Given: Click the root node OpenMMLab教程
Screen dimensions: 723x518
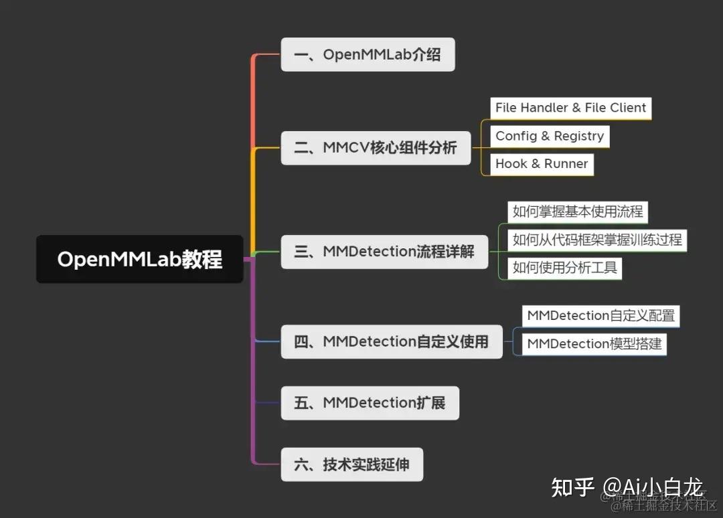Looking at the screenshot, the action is pyautogui.click(x=139, y=259).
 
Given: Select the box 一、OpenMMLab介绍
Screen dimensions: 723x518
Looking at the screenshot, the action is pyautogui.click(x=368, y=54).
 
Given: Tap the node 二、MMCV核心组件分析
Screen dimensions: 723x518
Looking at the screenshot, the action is pyautogui.click(x=376, y=148).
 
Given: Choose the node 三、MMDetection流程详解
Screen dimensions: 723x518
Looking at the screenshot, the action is pyautogui.click(x=384, y=252).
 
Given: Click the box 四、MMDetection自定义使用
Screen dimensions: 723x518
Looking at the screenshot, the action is pyautogui.click(x=391, y=341).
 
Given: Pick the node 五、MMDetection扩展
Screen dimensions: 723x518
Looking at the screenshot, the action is pyautogui.click(x=370, y=403).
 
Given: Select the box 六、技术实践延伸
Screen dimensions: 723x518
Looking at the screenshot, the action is pyautogui.click(x=351, y=464).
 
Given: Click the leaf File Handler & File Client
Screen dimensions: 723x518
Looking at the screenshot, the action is pyautogui.click(x=570, y=108).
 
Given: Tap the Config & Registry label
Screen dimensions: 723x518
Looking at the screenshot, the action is pyautogui.click(x=549, y=136).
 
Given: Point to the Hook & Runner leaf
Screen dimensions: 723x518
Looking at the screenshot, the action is pyautogui.click(x=542, y=164).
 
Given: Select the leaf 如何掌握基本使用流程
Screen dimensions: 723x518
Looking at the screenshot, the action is pyautogui.click(x=578, y=212).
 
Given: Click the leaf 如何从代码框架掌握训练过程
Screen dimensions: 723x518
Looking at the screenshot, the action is pyautogui.click(x=597, y=240).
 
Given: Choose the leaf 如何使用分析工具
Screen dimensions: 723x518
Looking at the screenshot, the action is pyautogui.click(x=564, y=268).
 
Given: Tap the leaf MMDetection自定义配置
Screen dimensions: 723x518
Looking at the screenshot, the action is pyautogui.click(x=600, y=315).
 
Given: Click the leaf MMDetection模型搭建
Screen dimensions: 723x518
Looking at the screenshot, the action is pyautogui.click(x=594, y=344).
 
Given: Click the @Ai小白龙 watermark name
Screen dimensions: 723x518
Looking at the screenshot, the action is pyautogui.click(x=653, y=487).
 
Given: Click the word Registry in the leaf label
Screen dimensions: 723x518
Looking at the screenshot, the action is pyautogui.click(x=579, y=136).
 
